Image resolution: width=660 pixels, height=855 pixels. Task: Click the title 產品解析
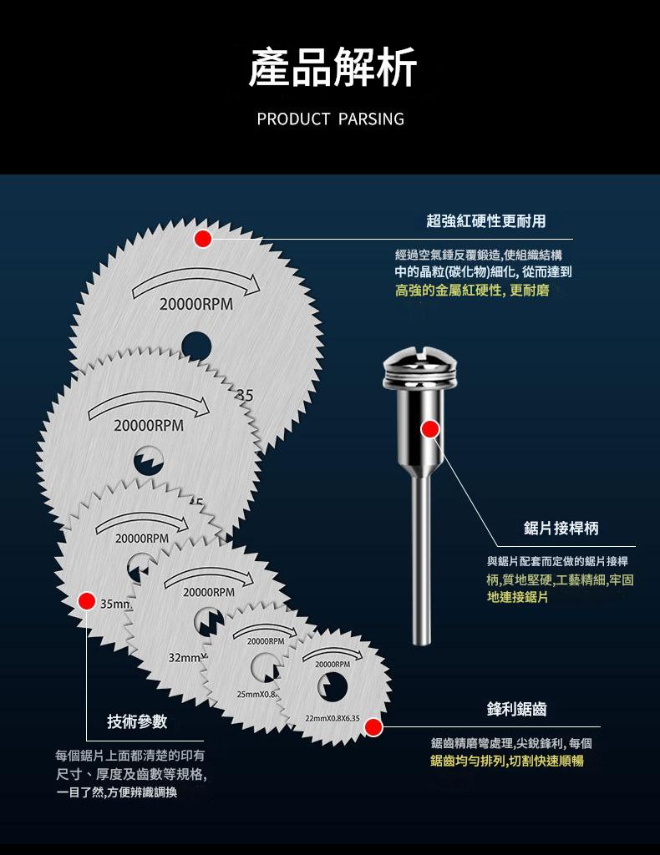333,68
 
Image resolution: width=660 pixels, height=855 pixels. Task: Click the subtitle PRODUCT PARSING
330,119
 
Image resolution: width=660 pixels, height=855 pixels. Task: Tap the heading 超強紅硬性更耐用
485,220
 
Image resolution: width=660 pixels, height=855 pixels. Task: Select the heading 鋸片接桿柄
561,528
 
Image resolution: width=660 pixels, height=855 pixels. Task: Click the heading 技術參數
137,721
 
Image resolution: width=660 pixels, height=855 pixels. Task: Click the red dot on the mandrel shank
430,429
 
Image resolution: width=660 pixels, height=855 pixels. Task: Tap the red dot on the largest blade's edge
202,239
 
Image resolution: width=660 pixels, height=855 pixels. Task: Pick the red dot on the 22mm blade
374,727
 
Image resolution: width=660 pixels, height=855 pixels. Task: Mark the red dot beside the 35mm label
85,600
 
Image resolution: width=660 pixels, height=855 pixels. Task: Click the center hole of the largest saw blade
195,342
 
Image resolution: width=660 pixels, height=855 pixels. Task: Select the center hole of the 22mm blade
333,686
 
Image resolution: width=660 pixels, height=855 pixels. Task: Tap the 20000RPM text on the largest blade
195,306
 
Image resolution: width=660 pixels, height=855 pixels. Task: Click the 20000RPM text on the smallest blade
333,664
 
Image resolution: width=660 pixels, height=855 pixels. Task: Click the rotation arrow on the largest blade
195,281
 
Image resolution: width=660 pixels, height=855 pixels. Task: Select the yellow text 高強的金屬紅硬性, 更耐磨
472,291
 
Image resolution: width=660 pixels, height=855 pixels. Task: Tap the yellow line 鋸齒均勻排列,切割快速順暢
507,761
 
